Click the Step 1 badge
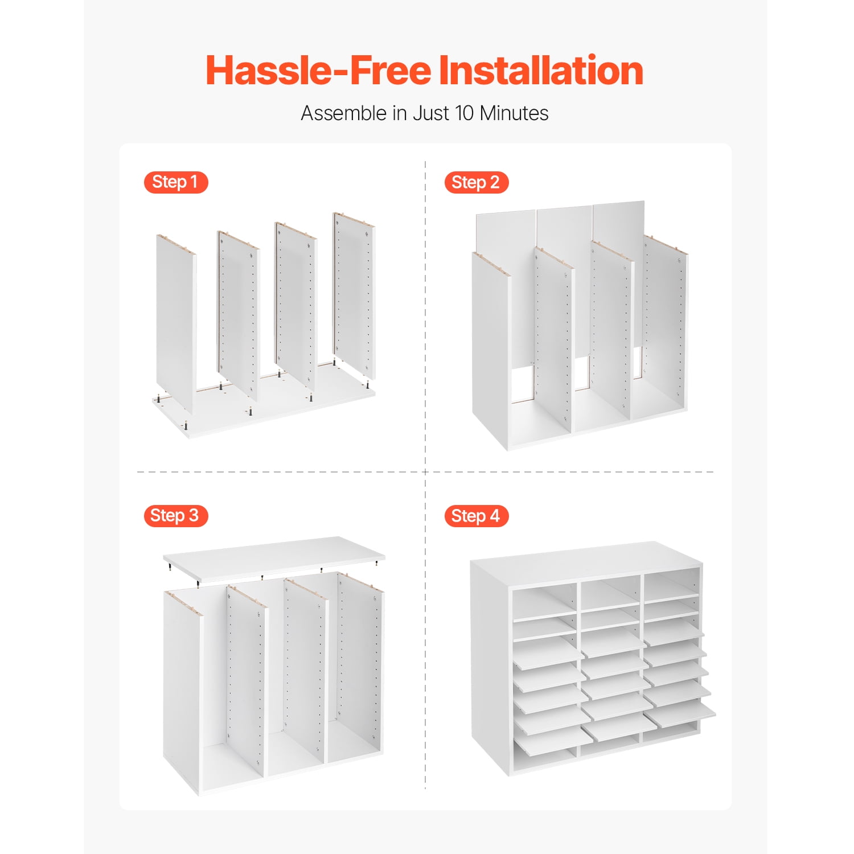click(x=176, y=182)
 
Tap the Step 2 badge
click(x=476, y=182)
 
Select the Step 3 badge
click(x=175, y=516)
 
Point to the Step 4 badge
click(x=476, y=516)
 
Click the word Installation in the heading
click(x=541, y=71)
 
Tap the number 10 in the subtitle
click(x=464, y=113)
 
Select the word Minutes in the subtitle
click(x=514, y=113)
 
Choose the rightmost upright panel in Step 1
click(x=354, y=295)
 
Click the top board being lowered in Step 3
click(x=274, y=559)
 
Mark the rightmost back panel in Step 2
click(x=619, y=273)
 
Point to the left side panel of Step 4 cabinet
click(x=490, y=666)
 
